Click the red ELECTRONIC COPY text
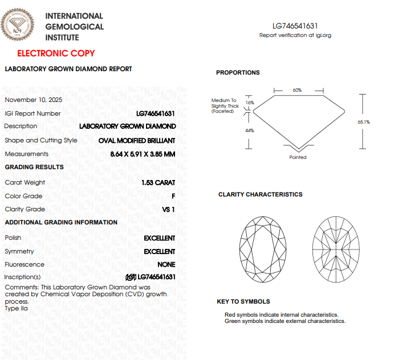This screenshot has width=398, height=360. pos(56,54)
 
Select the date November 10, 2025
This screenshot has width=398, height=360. pos(34,100)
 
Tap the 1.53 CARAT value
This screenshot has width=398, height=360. pos(158,183)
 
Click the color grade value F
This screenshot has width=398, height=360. pos(173,196)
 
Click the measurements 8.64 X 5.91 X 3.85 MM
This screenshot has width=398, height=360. pos(143,154)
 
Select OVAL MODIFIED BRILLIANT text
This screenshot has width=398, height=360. pos(136,140)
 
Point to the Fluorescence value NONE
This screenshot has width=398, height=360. pos(166,264)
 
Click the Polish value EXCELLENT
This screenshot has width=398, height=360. pos(159,238)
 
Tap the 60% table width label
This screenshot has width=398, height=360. pos(297,90)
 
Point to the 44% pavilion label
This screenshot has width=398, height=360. pos(249,130)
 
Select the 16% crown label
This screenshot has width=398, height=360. pos(249,103)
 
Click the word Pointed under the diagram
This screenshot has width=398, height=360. pos(298,157)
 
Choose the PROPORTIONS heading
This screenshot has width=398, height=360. pos(238,72)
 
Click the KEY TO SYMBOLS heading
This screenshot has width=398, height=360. pos(243,301)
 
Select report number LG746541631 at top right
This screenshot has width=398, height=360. pos(295,26)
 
